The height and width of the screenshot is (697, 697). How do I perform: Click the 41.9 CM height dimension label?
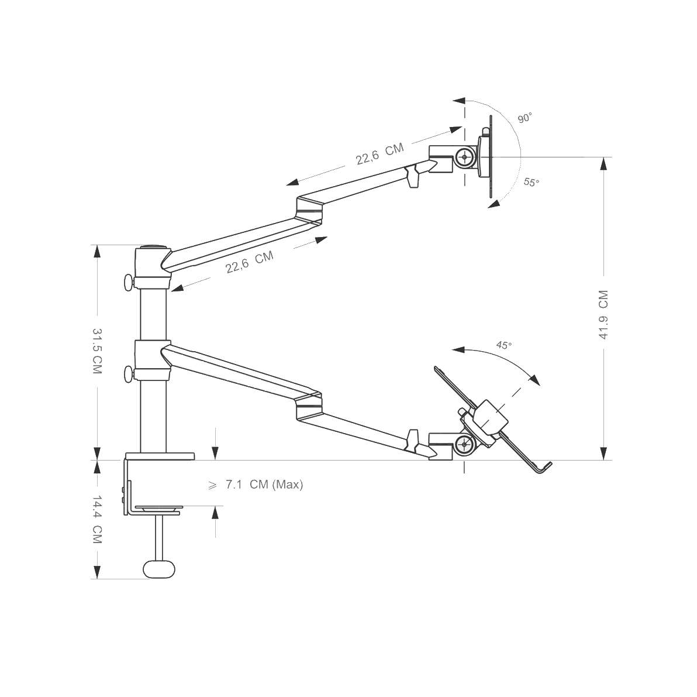(x=603, y=315)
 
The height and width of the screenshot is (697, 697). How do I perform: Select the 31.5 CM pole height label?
(x=97, y=352)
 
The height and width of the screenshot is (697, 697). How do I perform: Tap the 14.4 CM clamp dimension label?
(x=96, y=519)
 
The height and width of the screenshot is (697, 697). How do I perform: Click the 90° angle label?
(x=524, y=118)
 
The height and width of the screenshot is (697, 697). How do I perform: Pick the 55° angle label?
(x=531, y=182)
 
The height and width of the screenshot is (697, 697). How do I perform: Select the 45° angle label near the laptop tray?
(x=503, y=345)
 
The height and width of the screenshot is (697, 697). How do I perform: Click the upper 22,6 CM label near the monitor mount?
(x=379, y=154)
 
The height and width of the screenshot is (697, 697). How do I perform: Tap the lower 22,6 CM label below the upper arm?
(x=250, y=262)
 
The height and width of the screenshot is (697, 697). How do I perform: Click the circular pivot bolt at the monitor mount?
(x=465, y=157)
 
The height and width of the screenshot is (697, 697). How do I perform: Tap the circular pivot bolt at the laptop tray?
(x=465, y=445)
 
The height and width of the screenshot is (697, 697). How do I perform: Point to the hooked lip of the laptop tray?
(x=544, y=468)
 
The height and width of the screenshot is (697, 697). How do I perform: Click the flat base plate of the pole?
(x=159, y=455)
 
